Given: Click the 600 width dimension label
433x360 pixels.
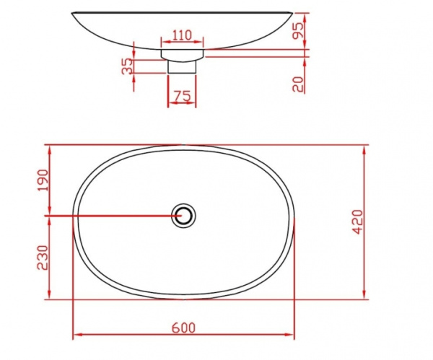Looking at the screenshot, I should [x=184, y=327].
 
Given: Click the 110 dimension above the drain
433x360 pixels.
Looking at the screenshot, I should [x=182, y=35].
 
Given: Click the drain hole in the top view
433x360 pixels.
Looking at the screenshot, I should [x=184, y=215].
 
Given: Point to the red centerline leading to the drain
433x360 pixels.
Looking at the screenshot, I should [x=108, y=215].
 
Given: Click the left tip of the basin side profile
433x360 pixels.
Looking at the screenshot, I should [x=74, y=13].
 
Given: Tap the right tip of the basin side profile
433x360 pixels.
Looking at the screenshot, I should [x=294, y=13].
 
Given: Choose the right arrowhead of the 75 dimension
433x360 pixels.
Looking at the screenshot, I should [x=193, y=102].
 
